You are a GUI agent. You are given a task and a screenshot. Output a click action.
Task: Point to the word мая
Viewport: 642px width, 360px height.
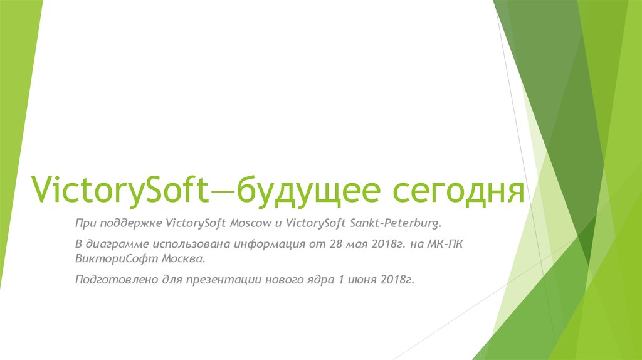click(x=354, y=243)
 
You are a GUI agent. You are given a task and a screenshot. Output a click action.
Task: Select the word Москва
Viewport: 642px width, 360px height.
click(x=177, y=258)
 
